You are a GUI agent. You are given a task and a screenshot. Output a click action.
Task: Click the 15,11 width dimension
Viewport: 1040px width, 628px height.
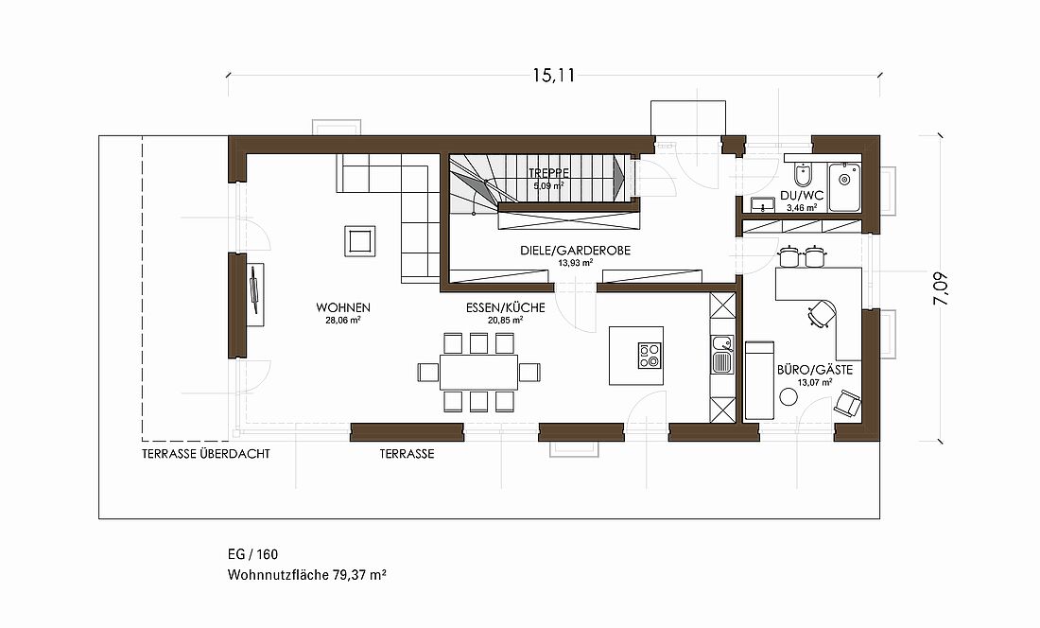[553, 76]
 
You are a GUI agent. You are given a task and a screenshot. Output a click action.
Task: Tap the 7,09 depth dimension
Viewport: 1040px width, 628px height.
[941, 289]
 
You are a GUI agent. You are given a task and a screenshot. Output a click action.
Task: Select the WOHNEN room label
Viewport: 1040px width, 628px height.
[343, 307]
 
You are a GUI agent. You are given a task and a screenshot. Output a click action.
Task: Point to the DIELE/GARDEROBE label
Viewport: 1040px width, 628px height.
[575, 251]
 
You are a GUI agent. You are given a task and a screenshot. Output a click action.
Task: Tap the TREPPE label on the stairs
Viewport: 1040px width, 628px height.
[548, 173]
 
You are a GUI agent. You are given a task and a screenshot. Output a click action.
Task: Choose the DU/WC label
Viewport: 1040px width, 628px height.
[802, 197]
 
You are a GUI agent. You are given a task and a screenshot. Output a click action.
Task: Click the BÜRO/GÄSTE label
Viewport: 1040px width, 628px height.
[814, 370]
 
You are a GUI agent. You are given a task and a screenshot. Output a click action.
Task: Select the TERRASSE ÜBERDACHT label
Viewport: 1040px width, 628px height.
[205, 454]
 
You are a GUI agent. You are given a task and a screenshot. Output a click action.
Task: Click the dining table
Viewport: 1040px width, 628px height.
[479, 372]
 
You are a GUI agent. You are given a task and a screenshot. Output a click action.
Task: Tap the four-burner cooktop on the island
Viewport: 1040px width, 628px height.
[650, 356]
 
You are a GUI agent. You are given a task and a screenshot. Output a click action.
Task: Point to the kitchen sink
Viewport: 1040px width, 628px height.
[721, 354]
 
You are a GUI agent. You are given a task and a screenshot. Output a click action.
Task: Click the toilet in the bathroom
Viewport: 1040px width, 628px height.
[802, 175]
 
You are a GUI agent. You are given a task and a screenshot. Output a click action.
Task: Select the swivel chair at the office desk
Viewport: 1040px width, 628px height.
[822, 314]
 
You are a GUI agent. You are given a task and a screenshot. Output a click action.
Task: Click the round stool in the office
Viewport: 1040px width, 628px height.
[788, 396]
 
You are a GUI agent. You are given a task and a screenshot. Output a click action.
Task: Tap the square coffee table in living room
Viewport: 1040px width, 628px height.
[360, 241]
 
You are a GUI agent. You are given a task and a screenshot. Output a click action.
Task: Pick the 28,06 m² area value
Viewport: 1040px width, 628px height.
[343, 320]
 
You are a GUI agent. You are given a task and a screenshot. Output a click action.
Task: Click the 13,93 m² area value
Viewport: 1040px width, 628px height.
[575, 263]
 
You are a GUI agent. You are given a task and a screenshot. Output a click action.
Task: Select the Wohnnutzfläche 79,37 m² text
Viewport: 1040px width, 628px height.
[307, 575]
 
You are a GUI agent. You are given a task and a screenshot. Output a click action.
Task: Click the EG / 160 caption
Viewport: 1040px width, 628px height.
[252, 554]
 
